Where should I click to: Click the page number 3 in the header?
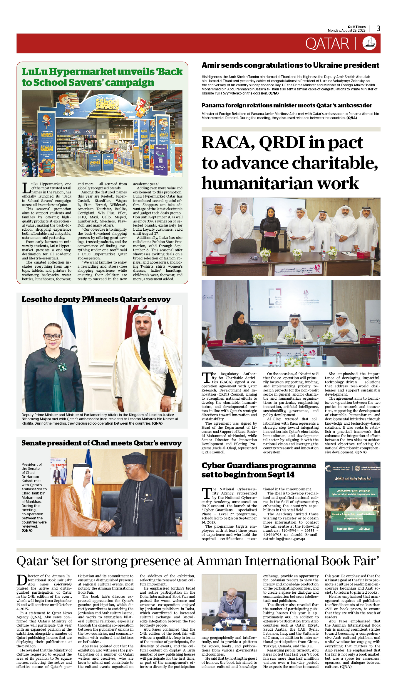(378, 28)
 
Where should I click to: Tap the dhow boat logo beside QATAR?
(369, 43)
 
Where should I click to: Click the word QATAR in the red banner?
(327, 44)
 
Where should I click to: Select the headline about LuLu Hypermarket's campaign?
(102, 77)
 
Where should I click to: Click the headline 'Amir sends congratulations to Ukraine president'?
(290, 65)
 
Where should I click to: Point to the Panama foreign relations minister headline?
(287, 105)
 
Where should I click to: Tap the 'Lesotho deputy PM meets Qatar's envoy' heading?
(96, 299)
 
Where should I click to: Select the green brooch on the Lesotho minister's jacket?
(62, 367)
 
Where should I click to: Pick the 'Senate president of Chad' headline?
(101, 443)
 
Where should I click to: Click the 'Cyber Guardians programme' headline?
(259, 470)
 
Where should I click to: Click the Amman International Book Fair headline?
(198, 561)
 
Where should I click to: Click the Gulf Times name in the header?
(356, 27)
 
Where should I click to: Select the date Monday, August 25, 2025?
(346, 31)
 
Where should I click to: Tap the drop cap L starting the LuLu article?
(26, 188)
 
